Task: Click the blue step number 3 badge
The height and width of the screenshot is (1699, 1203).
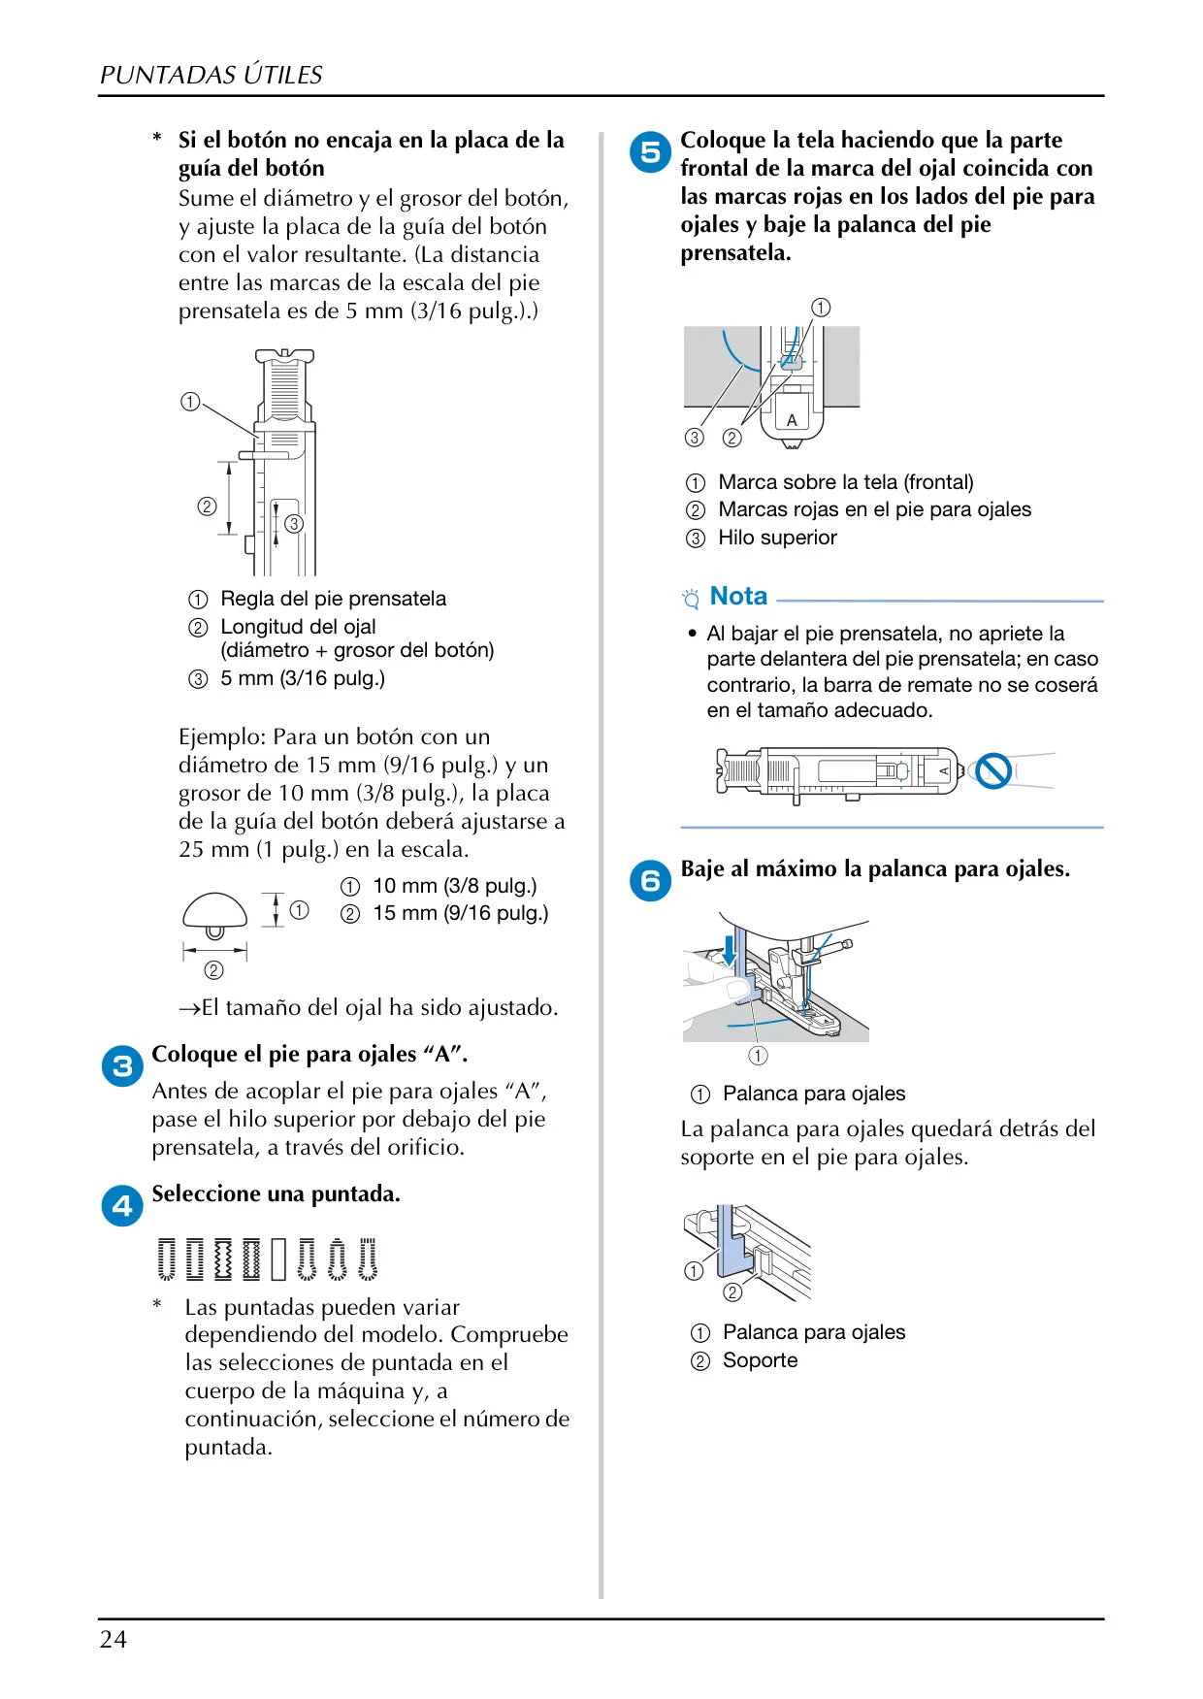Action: pos(122,1066)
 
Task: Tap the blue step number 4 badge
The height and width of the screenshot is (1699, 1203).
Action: pos(122,1206)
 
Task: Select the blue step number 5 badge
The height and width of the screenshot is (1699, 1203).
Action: pos(651,152)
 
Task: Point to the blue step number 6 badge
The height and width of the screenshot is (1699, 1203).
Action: pos(651,881)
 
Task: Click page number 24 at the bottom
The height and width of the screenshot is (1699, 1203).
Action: pos(114,1640)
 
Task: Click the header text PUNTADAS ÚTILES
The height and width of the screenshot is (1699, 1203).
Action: pos(211,75)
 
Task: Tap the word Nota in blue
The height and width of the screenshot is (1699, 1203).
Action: pos(738,596)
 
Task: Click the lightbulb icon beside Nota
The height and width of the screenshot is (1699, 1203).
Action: pos(691,598)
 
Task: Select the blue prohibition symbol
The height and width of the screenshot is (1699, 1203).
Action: pos(993,771)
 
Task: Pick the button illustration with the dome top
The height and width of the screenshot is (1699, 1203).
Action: pos(215,915)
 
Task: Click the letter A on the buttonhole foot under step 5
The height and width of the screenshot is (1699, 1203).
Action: pos(792,420)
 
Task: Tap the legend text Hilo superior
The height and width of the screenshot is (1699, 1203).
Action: pos(777,538)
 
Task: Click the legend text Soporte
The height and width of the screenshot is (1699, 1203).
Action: pos(760,1360)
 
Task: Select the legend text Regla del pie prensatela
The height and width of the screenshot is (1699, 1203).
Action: pos(334,599)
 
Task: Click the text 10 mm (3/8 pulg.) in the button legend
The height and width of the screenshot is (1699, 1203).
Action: pos(455,886)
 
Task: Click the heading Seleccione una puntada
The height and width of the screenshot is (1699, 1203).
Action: pos(276,1193)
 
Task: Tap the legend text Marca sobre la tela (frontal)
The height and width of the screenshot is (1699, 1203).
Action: pos(846,482)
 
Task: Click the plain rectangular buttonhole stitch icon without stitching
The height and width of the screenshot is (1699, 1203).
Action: pos(279,1258)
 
